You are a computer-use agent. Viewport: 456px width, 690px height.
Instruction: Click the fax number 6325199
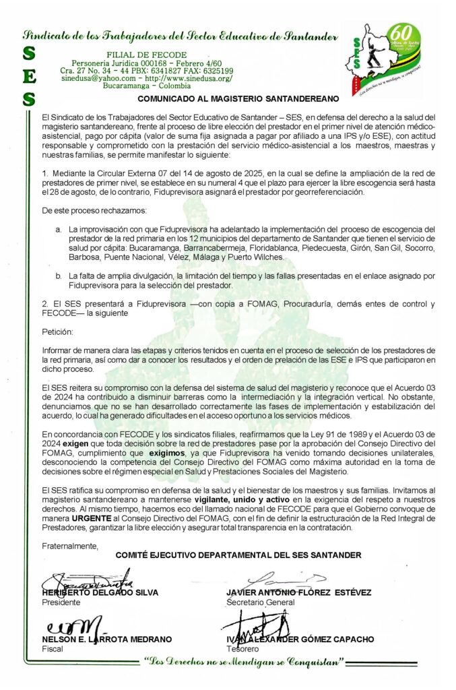pyautogui.click(x=215, y=70)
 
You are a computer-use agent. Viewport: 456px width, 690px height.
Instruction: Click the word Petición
pyautogui.click(x=56, y=332)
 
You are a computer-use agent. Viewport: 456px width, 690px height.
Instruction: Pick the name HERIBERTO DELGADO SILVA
pyautogui.click(x=100, y=592)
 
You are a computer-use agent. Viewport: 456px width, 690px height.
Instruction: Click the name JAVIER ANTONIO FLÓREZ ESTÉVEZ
pyautogui.click(x=298, y=592)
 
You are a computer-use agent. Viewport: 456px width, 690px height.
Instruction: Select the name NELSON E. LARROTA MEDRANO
pyautogui.click(x=106, y=639)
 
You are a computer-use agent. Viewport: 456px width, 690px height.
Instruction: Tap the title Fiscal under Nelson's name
pyautogui.click(x=52, y=649)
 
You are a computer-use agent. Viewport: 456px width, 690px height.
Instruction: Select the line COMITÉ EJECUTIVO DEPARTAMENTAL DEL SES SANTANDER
pyautogui.click(x=238, y=555)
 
